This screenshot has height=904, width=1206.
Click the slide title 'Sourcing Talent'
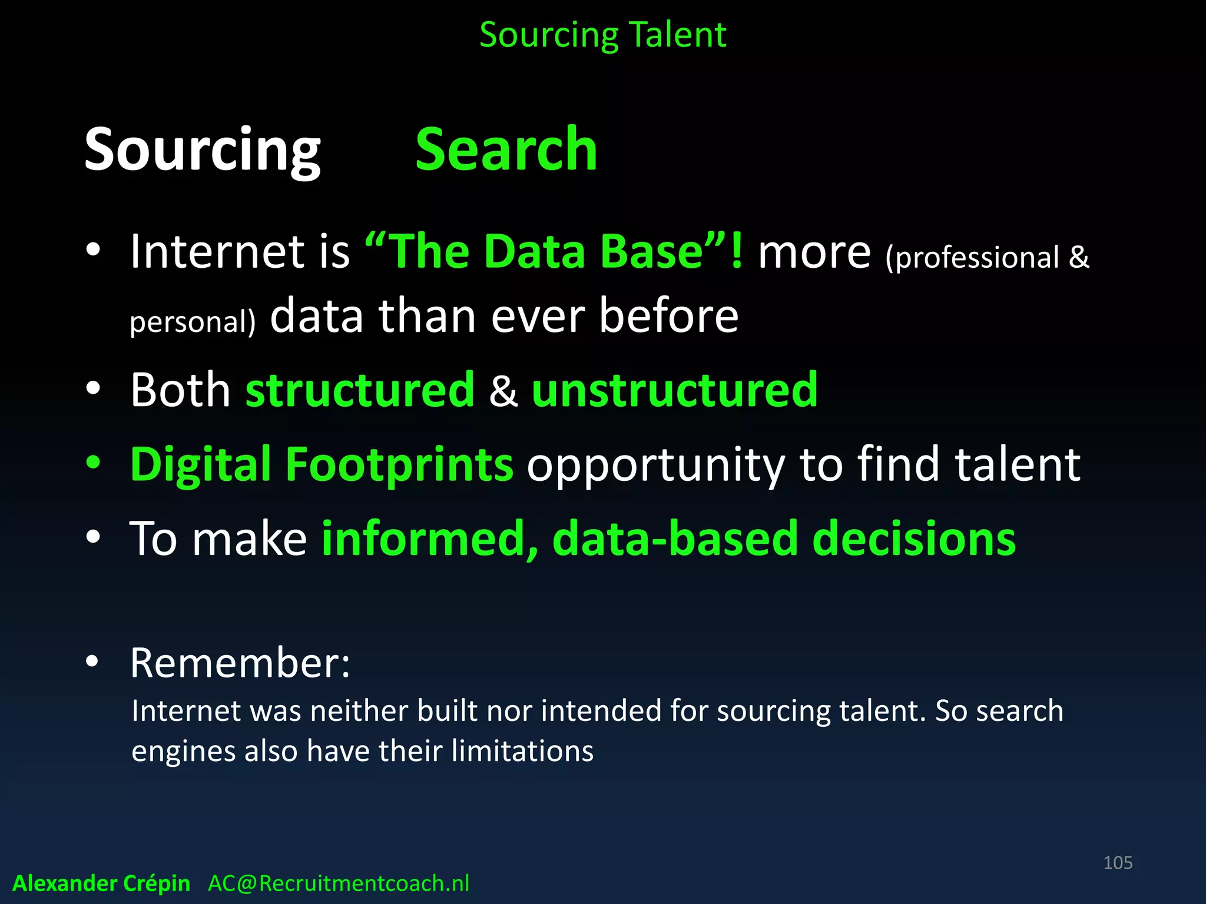602,35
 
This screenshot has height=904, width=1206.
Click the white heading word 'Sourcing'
202,151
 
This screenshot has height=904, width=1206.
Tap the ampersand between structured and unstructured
503,391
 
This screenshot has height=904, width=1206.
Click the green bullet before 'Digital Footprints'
93,463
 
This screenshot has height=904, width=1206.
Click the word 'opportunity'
655,466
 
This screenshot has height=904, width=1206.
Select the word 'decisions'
914,539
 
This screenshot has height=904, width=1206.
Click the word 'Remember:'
240,663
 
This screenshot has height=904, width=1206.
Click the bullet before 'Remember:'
93,662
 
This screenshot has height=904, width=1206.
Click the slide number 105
1118,863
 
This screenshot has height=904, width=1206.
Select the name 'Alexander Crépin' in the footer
101,883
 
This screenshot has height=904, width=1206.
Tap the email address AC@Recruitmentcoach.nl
339,883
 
